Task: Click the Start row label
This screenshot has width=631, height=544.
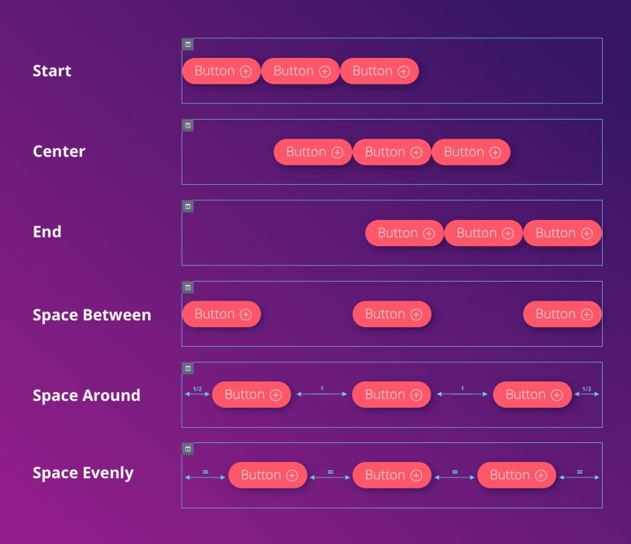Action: tap(52, 71)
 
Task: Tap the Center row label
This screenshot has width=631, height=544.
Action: tap(59, 152)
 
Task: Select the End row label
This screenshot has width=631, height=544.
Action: tap(47, 232)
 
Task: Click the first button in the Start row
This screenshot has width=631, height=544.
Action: tap(222, 71)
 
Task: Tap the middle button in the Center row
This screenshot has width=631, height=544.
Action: tap(392, 152)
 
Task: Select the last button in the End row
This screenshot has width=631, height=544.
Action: tap(563, 233)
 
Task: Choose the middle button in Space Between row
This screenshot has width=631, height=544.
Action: tap(392, 314)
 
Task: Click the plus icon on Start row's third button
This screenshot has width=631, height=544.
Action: tap(404, 71)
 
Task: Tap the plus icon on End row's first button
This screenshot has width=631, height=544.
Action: tap(429, 233)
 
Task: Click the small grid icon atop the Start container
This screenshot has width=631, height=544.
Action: tap(187, 44)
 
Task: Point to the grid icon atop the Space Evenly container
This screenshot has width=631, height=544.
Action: tap(187, 449)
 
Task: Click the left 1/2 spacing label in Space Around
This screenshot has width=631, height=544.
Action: tap(197, 389)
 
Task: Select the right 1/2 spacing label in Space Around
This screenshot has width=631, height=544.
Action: tap(587, 389)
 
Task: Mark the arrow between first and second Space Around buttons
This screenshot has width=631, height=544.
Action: tap(322, 394)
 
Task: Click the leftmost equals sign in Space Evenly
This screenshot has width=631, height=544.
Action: tap(205, 471)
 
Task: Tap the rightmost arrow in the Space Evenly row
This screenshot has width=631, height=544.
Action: tap(579, 477)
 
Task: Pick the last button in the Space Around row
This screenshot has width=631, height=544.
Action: tap(532, 395)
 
